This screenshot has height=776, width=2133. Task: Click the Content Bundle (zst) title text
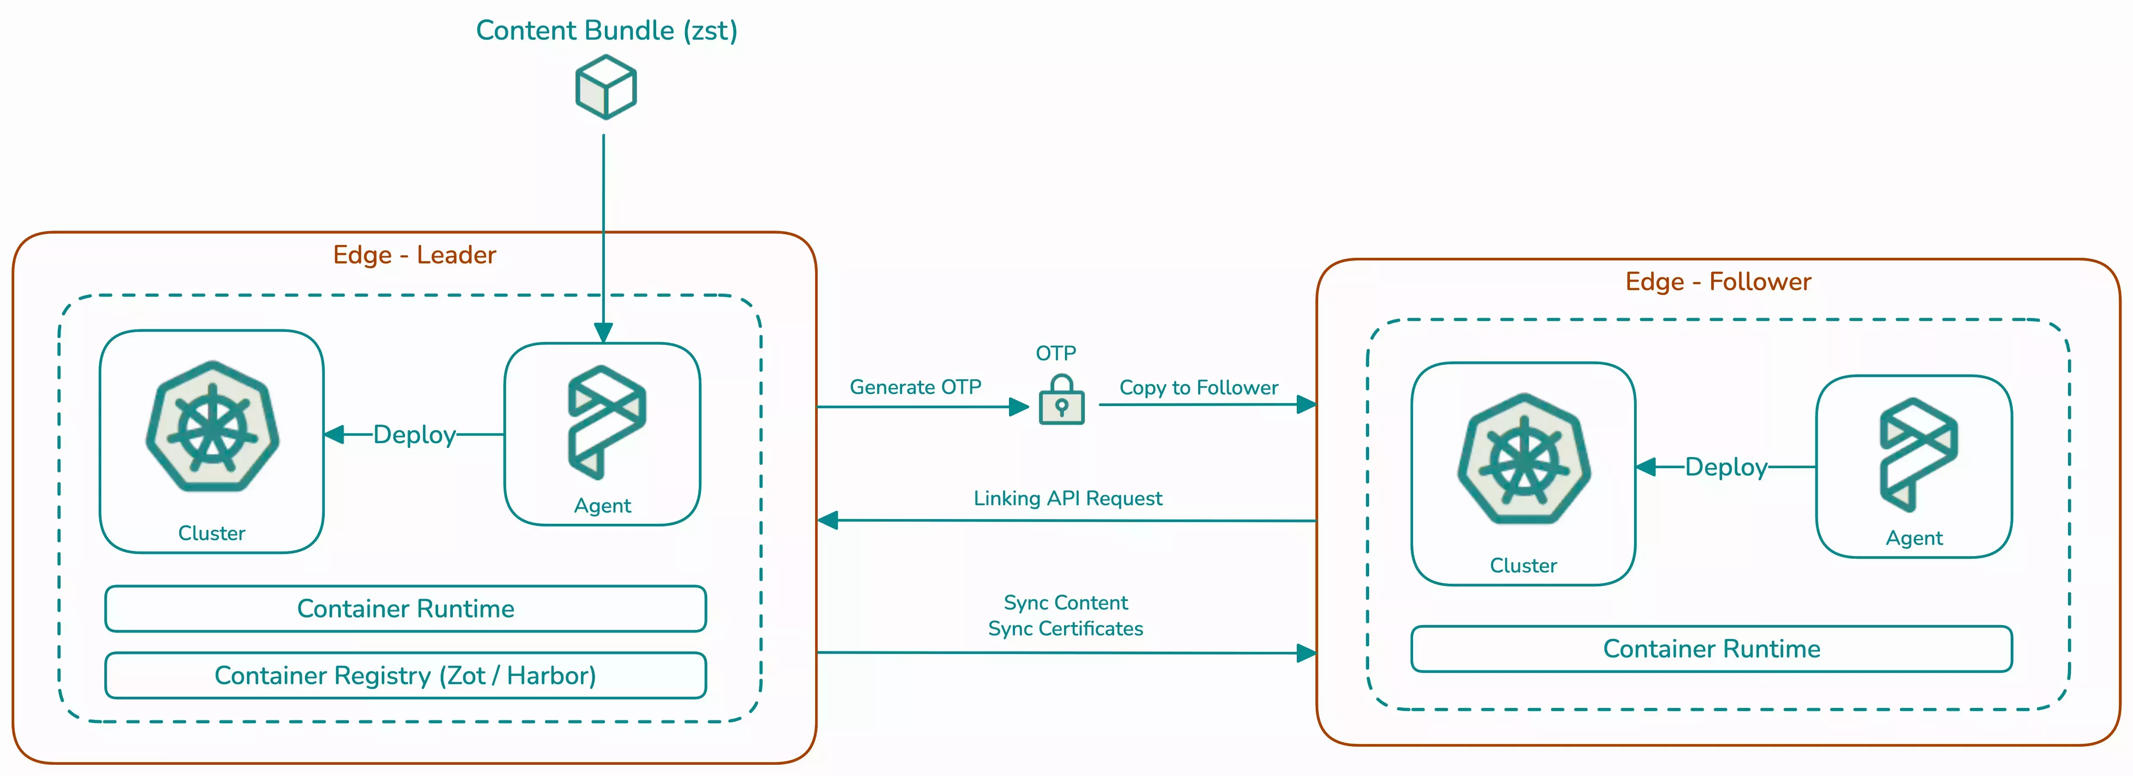606,31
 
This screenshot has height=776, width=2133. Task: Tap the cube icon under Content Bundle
606,87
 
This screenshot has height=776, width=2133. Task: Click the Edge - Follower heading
1718,282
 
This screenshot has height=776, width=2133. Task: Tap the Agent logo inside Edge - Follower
1918,454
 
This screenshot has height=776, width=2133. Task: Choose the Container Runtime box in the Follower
1712,648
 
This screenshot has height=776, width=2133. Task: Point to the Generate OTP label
915,387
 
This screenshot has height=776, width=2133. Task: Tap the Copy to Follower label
1198,388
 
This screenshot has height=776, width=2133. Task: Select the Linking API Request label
1067,498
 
